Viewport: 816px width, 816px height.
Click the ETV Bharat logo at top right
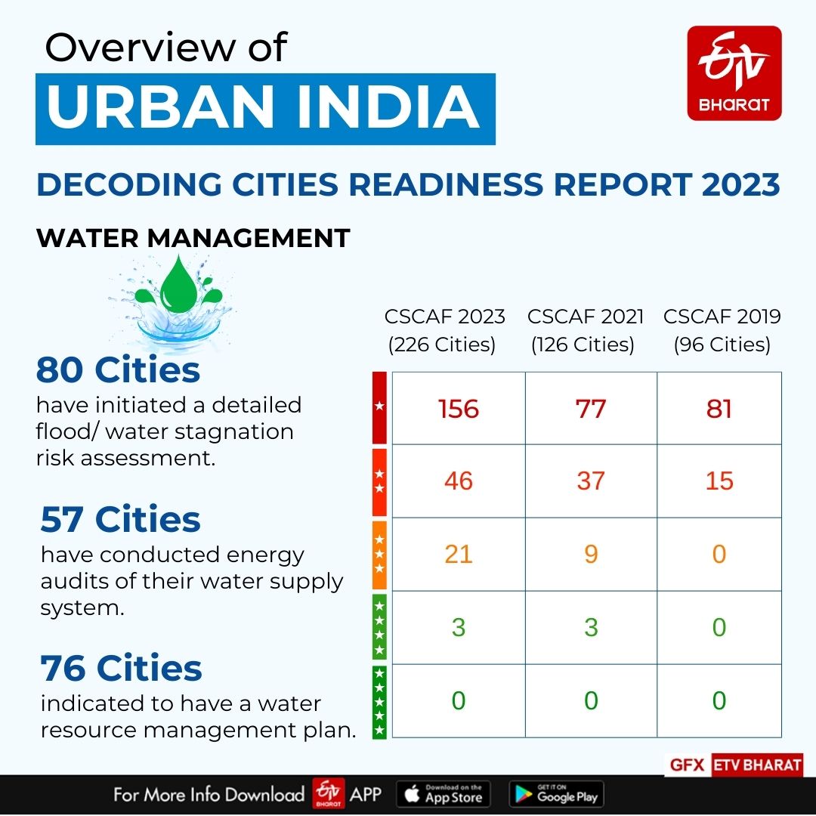pos(734,73)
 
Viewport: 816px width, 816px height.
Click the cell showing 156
pos(459,409)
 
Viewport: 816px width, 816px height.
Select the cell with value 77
pos(591,409)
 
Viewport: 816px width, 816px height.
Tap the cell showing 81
pos(719,409)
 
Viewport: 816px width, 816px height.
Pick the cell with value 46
pos(459,481)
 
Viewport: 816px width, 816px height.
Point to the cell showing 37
pos(591,481)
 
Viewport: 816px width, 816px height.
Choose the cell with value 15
pos(719,481)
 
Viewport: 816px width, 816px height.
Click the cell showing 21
pos(459,555)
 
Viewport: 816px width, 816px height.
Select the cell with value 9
pos(591,555)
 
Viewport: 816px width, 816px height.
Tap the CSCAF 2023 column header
pos(444,330)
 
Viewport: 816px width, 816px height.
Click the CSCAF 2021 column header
pos(586,330)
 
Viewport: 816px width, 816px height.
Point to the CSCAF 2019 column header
pos(722,330)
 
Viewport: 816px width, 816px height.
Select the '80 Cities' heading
pos(118,370)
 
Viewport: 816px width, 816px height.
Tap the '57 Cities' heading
pos(121,520)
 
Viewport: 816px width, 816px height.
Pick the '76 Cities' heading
pos(121,669)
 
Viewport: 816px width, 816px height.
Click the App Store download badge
pos(444,794)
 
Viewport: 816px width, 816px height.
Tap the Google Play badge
pos(556,794)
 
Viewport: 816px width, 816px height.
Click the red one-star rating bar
pos(379,407)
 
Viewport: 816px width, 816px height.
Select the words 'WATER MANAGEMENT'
pos(193,238)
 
